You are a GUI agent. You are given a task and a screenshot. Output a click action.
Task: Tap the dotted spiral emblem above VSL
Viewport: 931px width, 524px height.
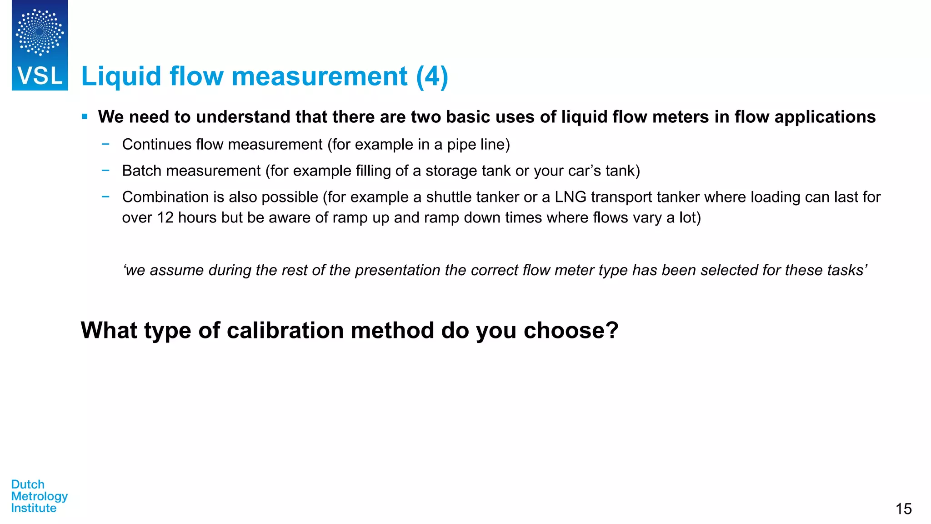pyautogui.click(x=40, y=32)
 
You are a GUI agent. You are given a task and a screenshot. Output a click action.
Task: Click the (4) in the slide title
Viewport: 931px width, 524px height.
pyautogui.click(x=432, y=76)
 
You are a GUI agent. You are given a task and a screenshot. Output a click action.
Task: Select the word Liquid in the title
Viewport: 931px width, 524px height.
pyautogui.click(x=121, y=76)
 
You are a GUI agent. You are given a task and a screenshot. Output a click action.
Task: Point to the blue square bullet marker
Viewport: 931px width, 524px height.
pyautogui.click(x=85, y=117)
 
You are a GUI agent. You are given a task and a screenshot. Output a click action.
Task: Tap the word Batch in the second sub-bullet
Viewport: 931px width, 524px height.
pyautogui.click(x=142, y=171)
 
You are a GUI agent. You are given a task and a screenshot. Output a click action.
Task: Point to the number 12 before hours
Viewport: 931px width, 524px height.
pyautogui.click(x=165, y=218)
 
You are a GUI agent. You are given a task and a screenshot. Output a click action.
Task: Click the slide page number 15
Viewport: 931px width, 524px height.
pyautogui.click(x=903, y=509)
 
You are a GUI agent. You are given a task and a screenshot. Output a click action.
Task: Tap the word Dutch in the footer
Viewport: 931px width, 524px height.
pyautogui.click(x=28, y=484)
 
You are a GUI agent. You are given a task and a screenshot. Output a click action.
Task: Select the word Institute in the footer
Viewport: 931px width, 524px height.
pyautogui.click(x=34, y=508)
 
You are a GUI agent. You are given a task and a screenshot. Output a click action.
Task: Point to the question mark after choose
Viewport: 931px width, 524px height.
pyautogui.click(x=612, y=330)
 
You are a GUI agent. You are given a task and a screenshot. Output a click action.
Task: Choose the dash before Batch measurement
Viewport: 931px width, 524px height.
pyautogui.click(x=105, y=171)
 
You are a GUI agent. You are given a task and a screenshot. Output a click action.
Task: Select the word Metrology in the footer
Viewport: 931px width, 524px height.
pyautogui.click(x=40, y=496)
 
